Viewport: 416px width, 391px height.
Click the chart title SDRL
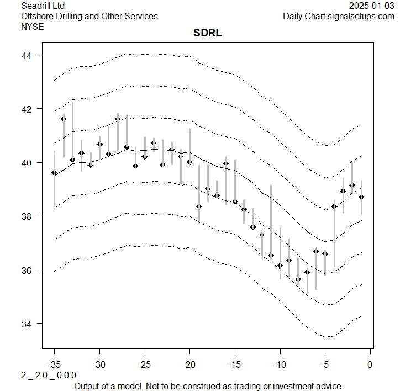click(208, 34)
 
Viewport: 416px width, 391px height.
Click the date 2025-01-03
click(372, 6)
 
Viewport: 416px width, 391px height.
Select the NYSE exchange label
click(32, 26)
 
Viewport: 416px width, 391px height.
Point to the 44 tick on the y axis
click(28, 55)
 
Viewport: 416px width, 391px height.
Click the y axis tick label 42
click(28, 109)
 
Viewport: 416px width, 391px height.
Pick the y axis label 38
click(28, 216)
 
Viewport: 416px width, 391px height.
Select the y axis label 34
click(28, 324)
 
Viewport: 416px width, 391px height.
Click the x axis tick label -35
click(54, 364)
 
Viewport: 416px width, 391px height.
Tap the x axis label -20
click(189, 364)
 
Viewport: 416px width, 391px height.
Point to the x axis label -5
click(325, 364)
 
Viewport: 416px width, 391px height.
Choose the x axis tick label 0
click(370, 364)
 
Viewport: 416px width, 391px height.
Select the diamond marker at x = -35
click(54, 173)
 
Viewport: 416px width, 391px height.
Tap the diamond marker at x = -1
click(361, 197)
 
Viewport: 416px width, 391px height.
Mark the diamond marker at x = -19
click(199, 207)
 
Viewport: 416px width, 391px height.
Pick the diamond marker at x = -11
click(271, 255)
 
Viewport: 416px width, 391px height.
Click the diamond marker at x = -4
click(334, 207)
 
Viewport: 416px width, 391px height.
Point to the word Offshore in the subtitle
click(39, 16)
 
